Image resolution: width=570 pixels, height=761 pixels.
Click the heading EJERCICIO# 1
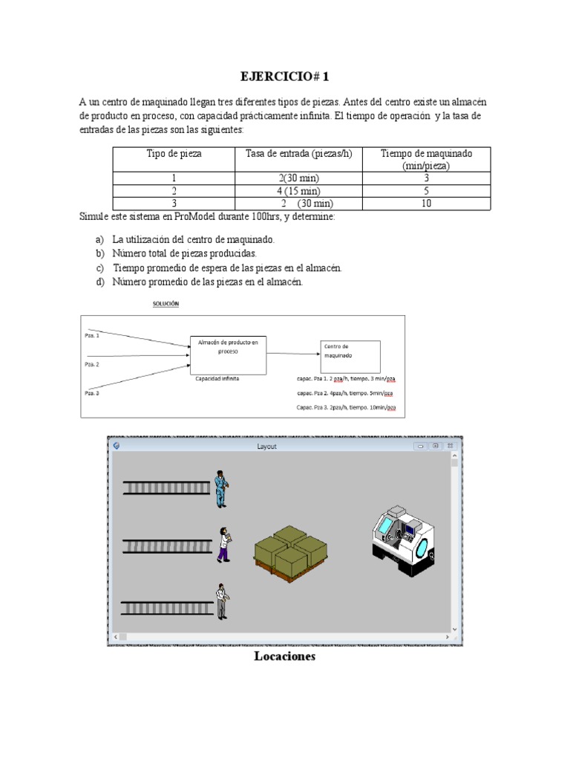point(285,77)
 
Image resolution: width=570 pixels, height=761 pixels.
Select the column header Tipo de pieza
point(174,154)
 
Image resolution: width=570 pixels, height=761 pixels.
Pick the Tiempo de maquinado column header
point(426,159)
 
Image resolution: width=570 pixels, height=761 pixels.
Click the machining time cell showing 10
point(426,203)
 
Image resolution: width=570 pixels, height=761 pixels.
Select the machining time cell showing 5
point(426,191)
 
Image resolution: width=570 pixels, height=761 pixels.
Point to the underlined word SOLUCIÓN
point(166,304)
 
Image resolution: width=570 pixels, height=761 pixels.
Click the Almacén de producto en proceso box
point(228,352)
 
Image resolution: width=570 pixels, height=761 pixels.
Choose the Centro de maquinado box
point(350,356)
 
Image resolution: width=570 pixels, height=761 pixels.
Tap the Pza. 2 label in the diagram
point(92,364)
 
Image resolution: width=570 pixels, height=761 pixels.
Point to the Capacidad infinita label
point(217,378)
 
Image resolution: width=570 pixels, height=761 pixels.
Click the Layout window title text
point(266,446)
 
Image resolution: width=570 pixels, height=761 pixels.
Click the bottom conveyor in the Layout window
point(167,607)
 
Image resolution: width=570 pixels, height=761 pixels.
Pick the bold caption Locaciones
point(284,657)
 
